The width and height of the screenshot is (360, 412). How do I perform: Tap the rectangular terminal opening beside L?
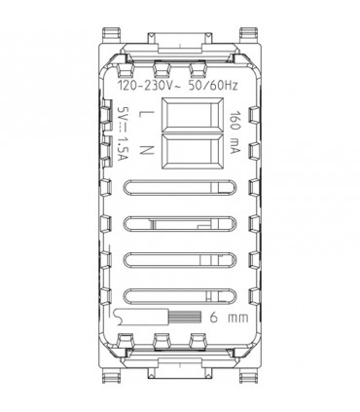click(179, 117)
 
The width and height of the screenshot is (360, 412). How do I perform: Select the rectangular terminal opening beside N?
click(179, 151)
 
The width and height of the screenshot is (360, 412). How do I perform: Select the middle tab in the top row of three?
click(179, 68)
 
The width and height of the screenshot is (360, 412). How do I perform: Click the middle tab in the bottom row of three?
click(179, 342)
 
